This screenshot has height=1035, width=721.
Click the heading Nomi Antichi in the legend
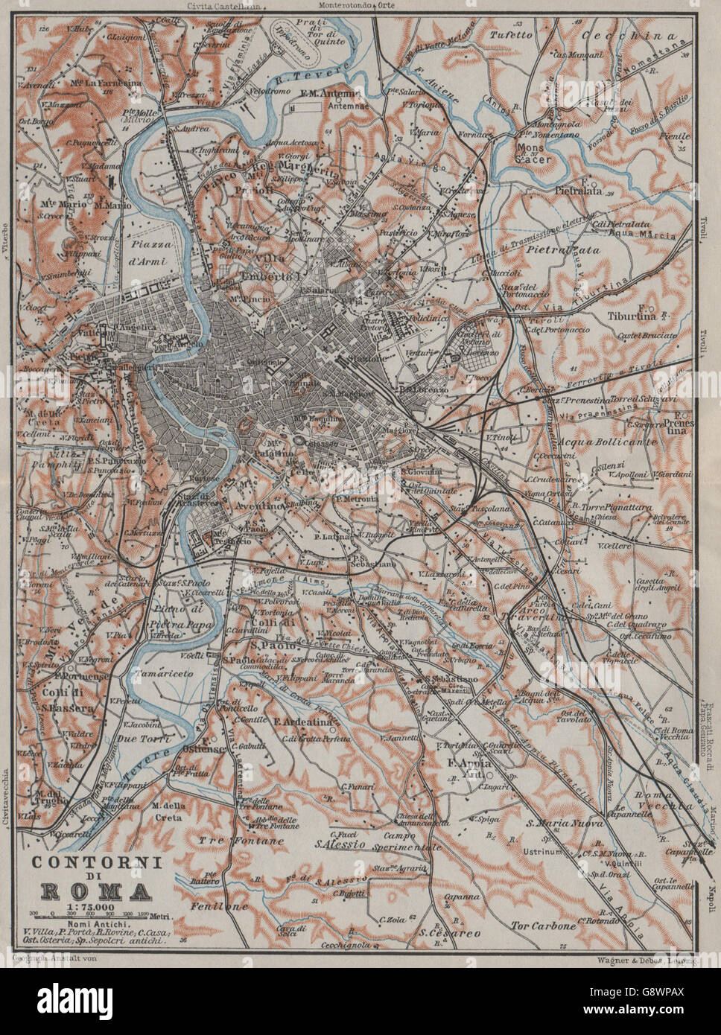pyautogui.click(x=92, y=923)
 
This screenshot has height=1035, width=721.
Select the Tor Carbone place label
pyautogui.click(x=544, y=926)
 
